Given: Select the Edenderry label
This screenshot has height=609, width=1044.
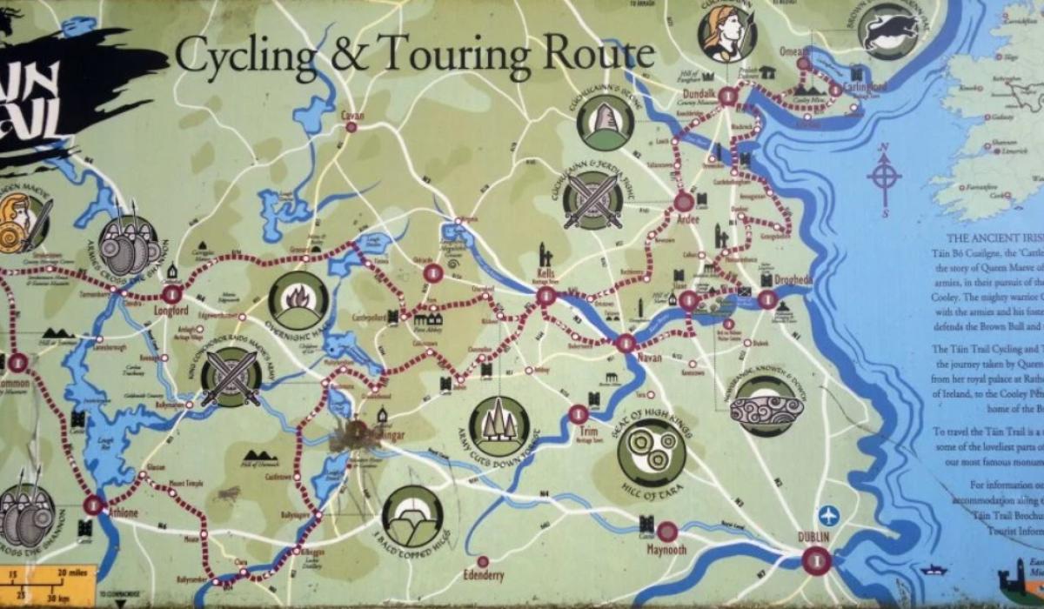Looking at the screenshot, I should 483,576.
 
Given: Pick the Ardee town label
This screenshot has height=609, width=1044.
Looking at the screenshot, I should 687,219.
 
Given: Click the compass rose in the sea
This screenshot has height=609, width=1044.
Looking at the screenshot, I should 884,179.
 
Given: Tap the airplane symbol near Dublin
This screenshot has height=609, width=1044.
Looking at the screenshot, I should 828,515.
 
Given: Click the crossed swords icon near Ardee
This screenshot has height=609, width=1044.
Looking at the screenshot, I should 592,200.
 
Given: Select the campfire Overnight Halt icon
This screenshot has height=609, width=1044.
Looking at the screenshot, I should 298,300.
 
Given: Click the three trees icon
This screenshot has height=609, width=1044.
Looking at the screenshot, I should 499,425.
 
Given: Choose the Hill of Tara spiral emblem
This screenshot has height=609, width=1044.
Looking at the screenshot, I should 651,452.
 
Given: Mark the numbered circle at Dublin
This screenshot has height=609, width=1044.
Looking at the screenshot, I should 816,560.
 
